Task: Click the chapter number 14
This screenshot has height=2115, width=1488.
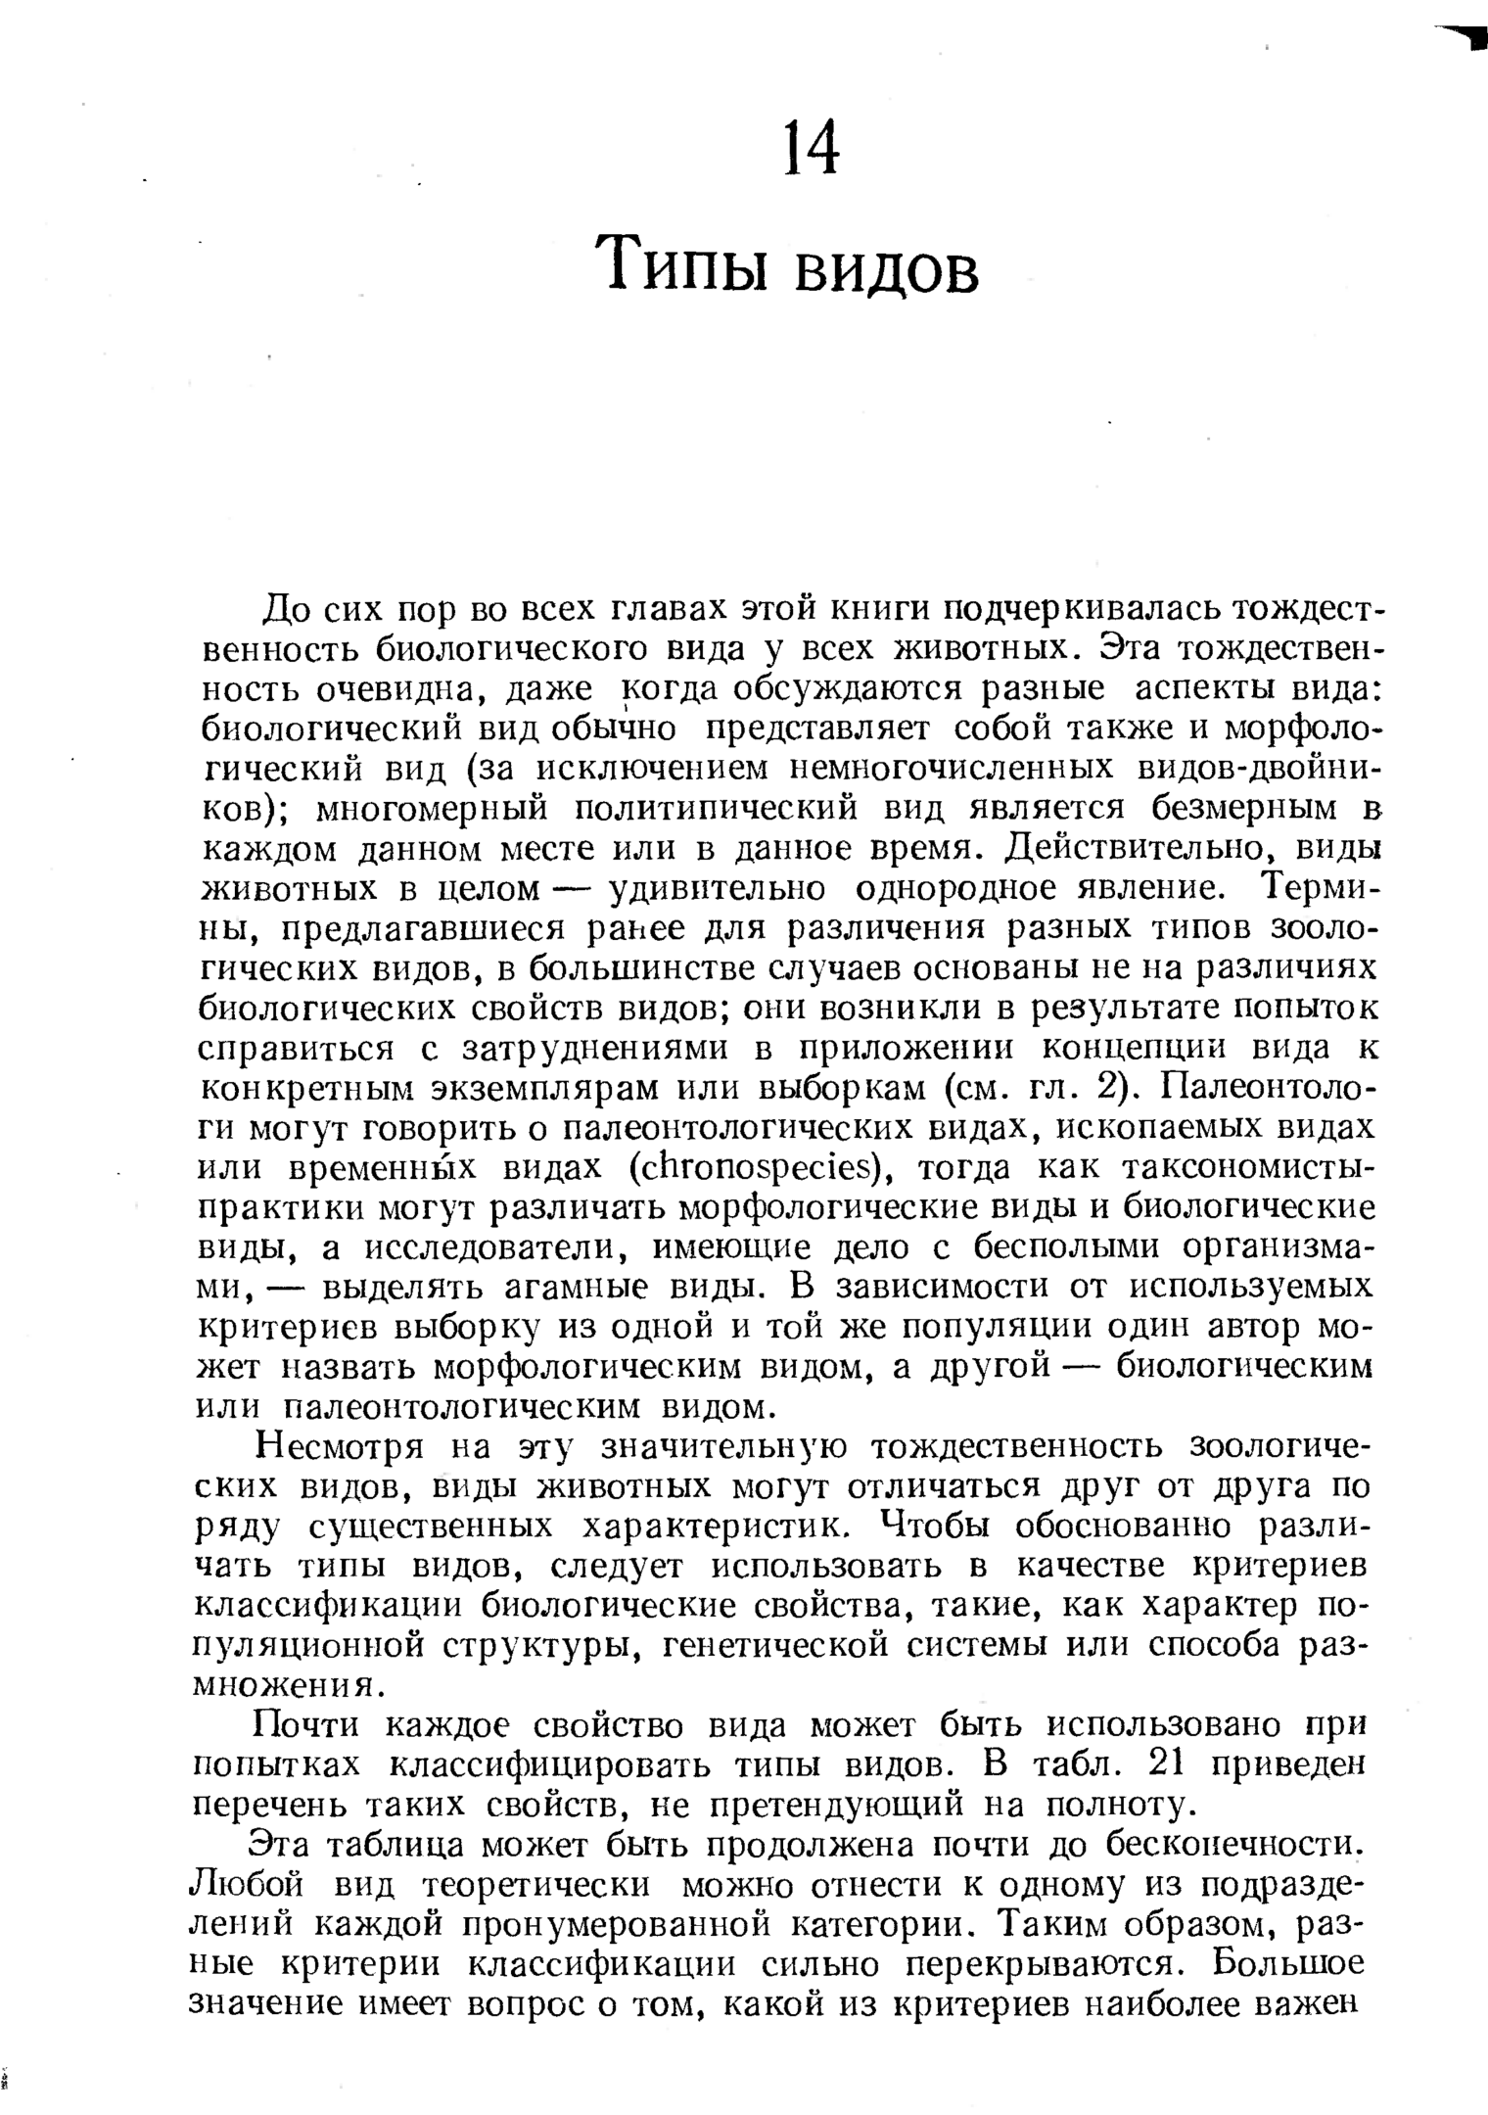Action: pos(813,149)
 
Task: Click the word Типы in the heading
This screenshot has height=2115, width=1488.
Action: pos(684,263)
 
